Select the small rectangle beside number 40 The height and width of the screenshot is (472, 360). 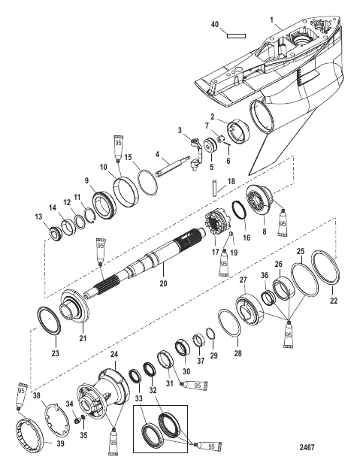(x=236, y=34)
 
